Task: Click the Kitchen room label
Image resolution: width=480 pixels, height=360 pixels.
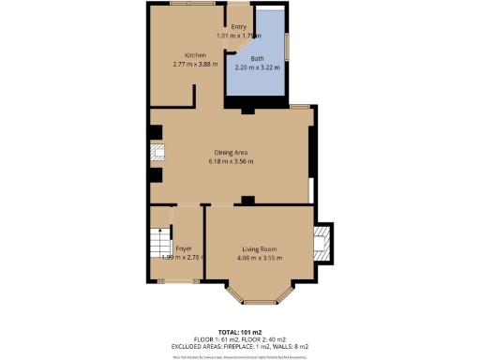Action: point(195,55)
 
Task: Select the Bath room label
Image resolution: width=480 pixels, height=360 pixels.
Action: point(257,59)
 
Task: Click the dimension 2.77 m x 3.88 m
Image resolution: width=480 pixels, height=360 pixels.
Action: point(195,65)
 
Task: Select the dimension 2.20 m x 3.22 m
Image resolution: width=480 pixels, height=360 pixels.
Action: point(257,68)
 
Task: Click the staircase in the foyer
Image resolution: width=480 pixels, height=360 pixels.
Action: point(158,247)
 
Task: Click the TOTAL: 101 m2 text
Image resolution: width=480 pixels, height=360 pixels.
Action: point(239,332)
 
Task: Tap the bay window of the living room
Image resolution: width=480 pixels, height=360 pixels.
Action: point(257,297)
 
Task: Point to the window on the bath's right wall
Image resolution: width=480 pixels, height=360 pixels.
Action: point(288,46)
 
